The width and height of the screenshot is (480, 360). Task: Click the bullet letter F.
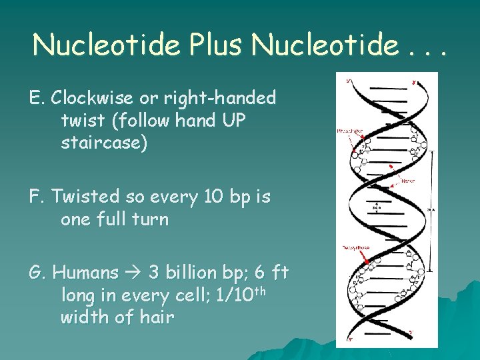[35, 197]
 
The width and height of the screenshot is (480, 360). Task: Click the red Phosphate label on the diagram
[351, 131]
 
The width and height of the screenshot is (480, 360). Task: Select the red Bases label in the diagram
[408, 179]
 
